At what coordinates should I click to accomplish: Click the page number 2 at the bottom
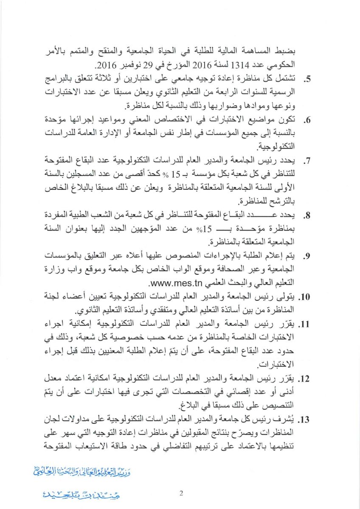181,493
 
